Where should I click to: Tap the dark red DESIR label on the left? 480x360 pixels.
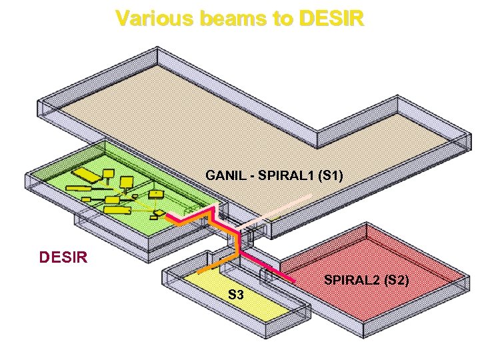coord(64,256)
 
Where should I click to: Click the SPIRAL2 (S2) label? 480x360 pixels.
coord(367,280)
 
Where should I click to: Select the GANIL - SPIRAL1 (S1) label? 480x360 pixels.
coord(275,176)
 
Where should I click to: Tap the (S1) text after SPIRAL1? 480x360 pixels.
coord(331,176)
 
